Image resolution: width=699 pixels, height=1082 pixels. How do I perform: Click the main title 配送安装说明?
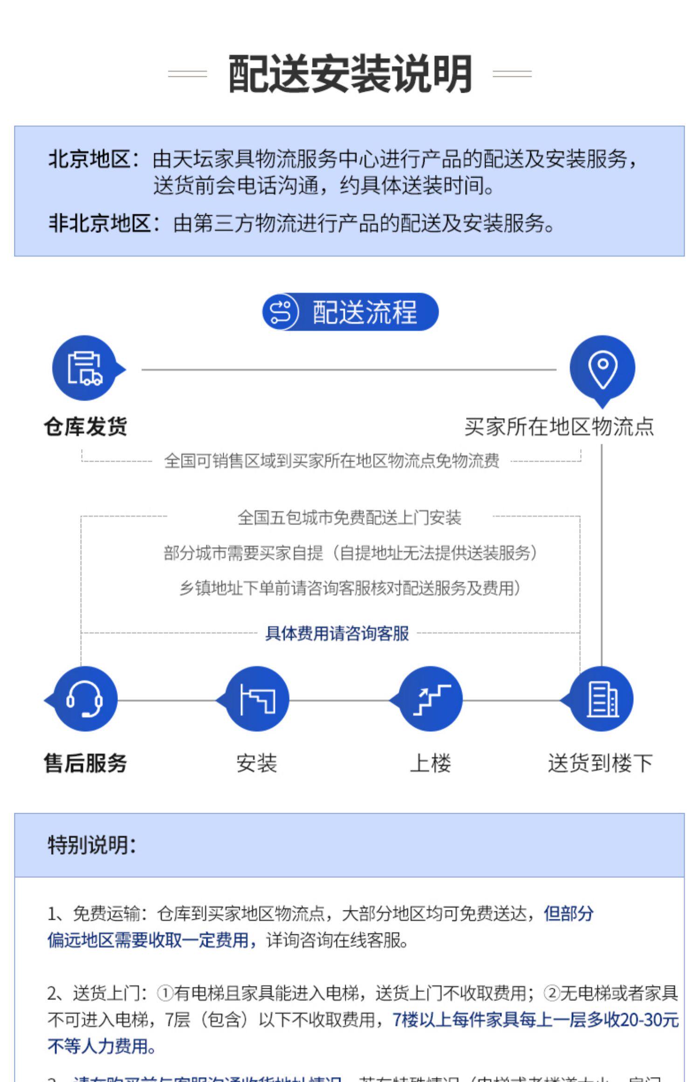[x=349, y=74]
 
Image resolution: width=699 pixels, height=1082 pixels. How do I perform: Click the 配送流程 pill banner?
[x=350, y=312]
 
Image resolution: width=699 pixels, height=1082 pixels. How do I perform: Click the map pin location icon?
[x=602, y=368]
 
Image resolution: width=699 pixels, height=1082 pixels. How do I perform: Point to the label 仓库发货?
[x=85, y=426]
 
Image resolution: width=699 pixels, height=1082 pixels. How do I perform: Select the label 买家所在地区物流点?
[x=559, y=426]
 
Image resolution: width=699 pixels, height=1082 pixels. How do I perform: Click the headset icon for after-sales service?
[x=84, y=699]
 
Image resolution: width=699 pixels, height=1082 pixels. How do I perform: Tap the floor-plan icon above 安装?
[x=257, y=699]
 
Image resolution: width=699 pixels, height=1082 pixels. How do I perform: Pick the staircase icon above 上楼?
[x=430, y=699]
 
